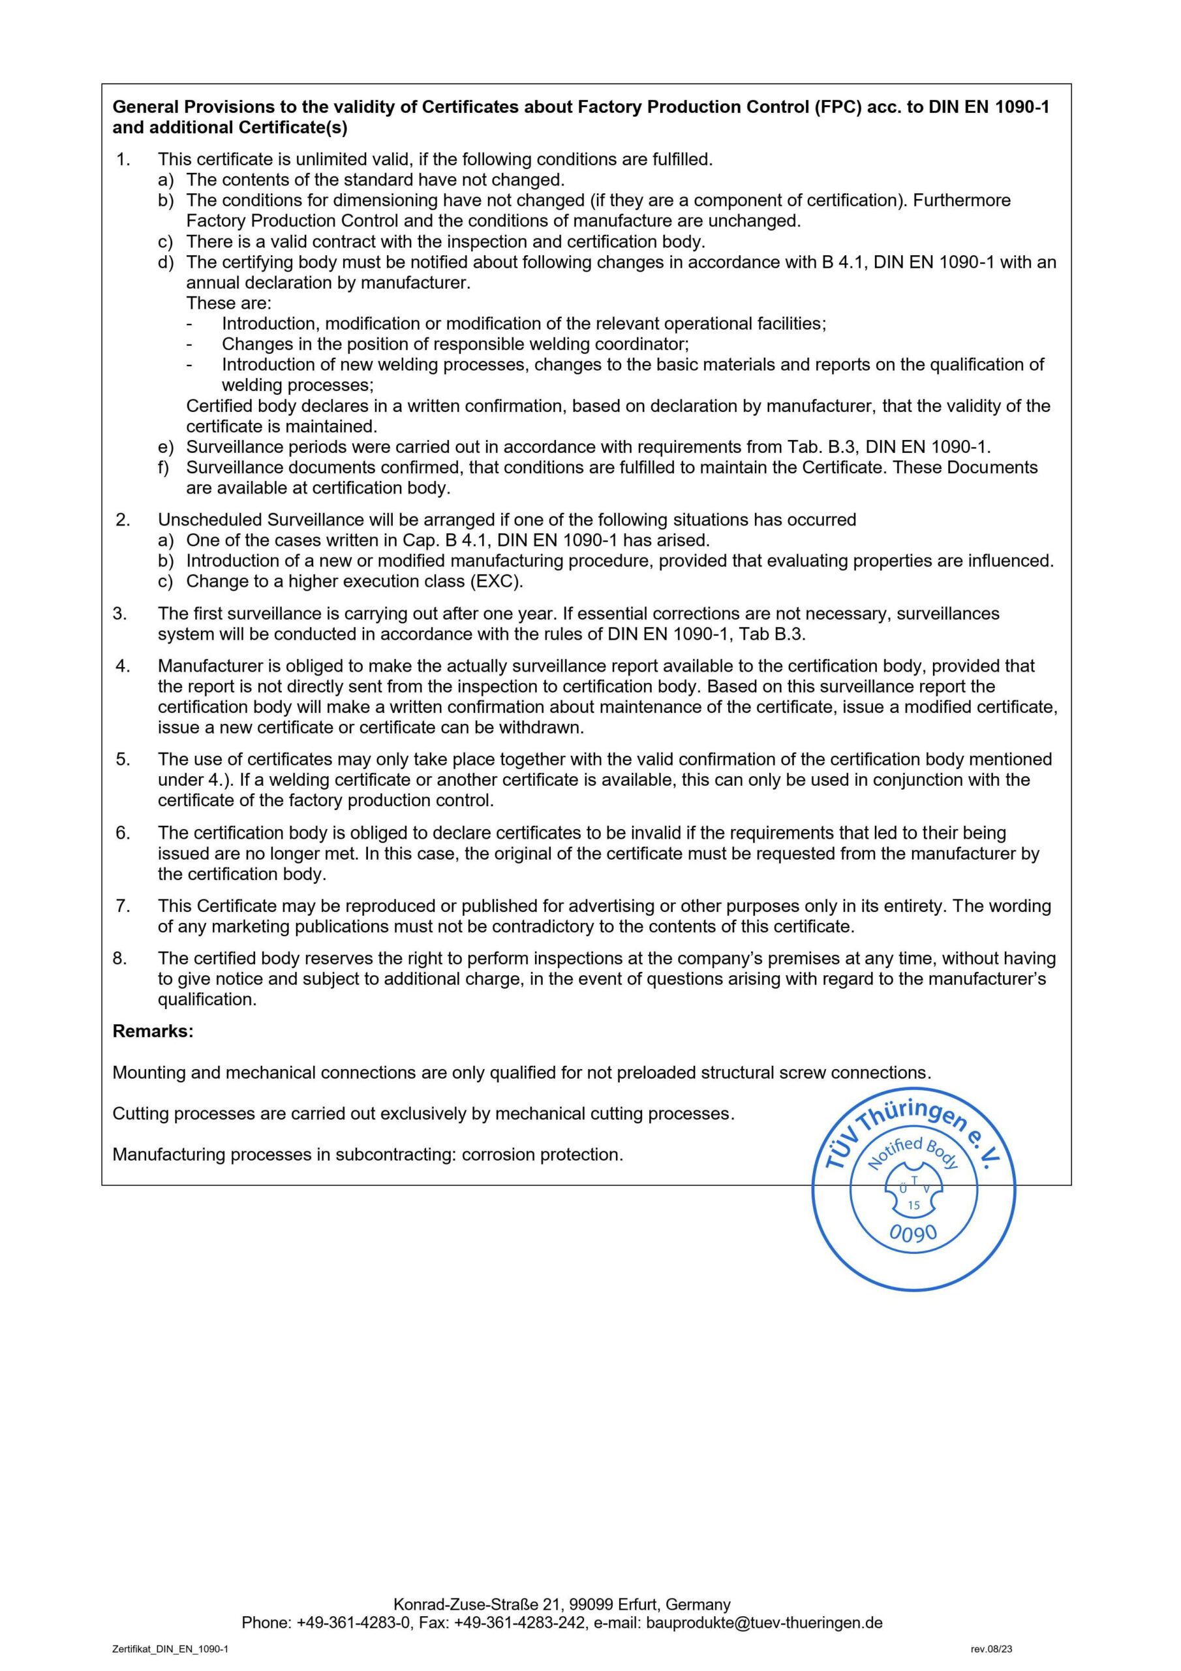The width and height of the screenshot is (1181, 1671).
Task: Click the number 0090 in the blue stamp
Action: tap(913, 1233)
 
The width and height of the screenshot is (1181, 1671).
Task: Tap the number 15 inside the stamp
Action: tap(913, 1205)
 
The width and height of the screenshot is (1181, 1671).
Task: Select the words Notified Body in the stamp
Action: tap(914, 1153)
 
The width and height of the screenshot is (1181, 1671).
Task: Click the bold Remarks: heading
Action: tap(153, 1031)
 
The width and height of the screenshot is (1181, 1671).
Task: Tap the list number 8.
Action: tap(120, 958)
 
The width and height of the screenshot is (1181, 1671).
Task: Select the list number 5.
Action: tap(122, 759)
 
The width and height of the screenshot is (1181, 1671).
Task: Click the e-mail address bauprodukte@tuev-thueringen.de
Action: tap(764, 1622)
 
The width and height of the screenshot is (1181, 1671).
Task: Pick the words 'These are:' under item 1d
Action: tap(228, 303)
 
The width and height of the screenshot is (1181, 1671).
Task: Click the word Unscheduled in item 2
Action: tap(210, 520)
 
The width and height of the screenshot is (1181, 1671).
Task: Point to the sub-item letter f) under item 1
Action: tap(164, 467)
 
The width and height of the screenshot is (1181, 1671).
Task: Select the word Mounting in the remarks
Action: tap(149, 1072)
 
